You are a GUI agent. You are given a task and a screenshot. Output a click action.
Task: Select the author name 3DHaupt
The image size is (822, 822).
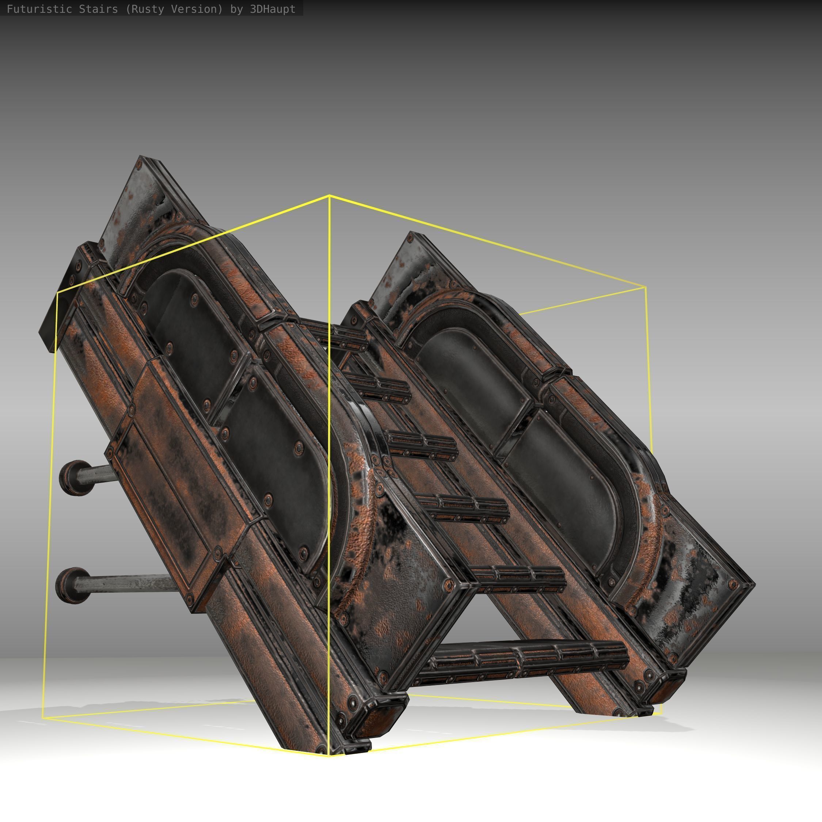click(272, 9)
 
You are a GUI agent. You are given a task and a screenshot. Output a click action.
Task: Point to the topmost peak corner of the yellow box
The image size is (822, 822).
click(329, 195)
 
